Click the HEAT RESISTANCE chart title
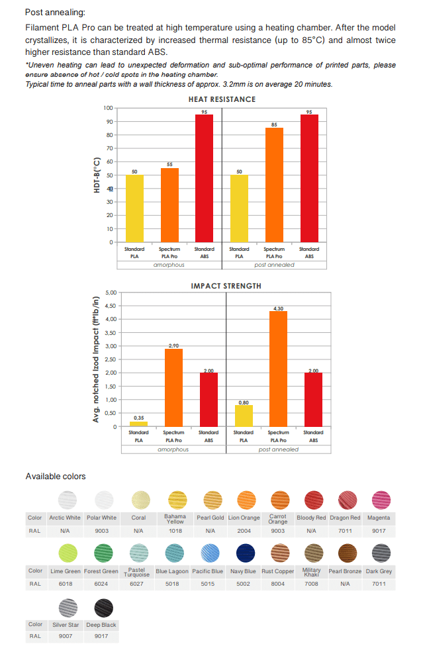coord(222,99)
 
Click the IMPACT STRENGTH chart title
coord(226,286)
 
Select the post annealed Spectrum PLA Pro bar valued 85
coord(274,185)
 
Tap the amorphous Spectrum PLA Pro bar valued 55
coord(169,205)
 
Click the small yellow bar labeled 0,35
coord(138,424)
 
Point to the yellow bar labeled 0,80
coord(244,416)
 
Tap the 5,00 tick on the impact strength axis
coord(111,293)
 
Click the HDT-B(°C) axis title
coord(97,175)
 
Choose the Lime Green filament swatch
coord(68,551)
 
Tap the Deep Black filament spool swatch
coord(103,606)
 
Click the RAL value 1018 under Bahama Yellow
coord(175,531)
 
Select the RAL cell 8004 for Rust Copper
coord(277,584)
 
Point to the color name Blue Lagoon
coord(171,571)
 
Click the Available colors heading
coord(56,476)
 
